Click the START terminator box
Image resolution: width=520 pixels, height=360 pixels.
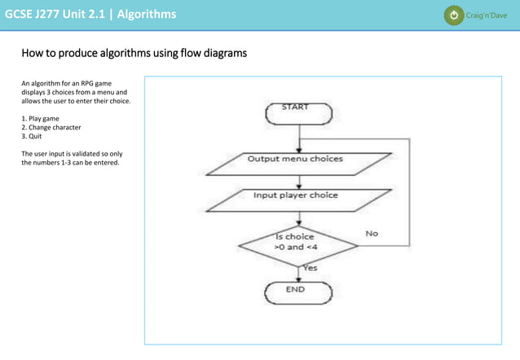click(302, 113)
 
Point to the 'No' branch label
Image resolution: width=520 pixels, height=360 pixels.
click(372, 233)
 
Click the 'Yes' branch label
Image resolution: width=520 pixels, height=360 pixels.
click(310, 267)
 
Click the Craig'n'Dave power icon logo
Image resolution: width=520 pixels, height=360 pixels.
click(452, 15)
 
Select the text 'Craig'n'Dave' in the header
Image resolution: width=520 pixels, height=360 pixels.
click(487, 15)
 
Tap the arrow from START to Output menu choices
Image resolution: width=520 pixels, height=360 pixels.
click(301, 138)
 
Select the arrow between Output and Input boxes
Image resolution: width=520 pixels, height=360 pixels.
click(301, 182)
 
